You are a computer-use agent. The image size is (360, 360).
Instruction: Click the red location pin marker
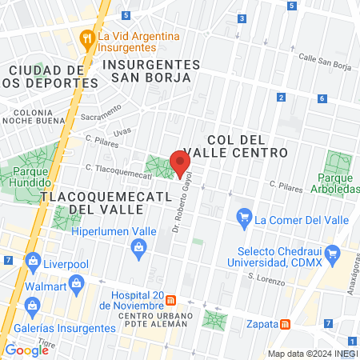click(180, 162)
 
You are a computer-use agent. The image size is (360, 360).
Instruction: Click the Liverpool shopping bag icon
click(33, 261)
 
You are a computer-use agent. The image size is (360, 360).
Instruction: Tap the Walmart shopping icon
click(77, 282)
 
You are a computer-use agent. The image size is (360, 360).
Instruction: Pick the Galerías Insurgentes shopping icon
click(33, 305)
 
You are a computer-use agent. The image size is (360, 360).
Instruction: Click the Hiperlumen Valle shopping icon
click(139, 247)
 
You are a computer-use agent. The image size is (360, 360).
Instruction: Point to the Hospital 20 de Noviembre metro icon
click(171, 301)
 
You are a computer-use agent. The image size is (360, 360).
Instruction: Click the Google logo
click(26, 350)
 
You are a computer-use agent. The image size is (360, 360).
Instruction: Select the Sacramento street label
click(101, 114)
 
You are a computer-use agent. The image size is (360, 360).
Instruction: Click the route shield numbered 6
click(322, 98)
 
